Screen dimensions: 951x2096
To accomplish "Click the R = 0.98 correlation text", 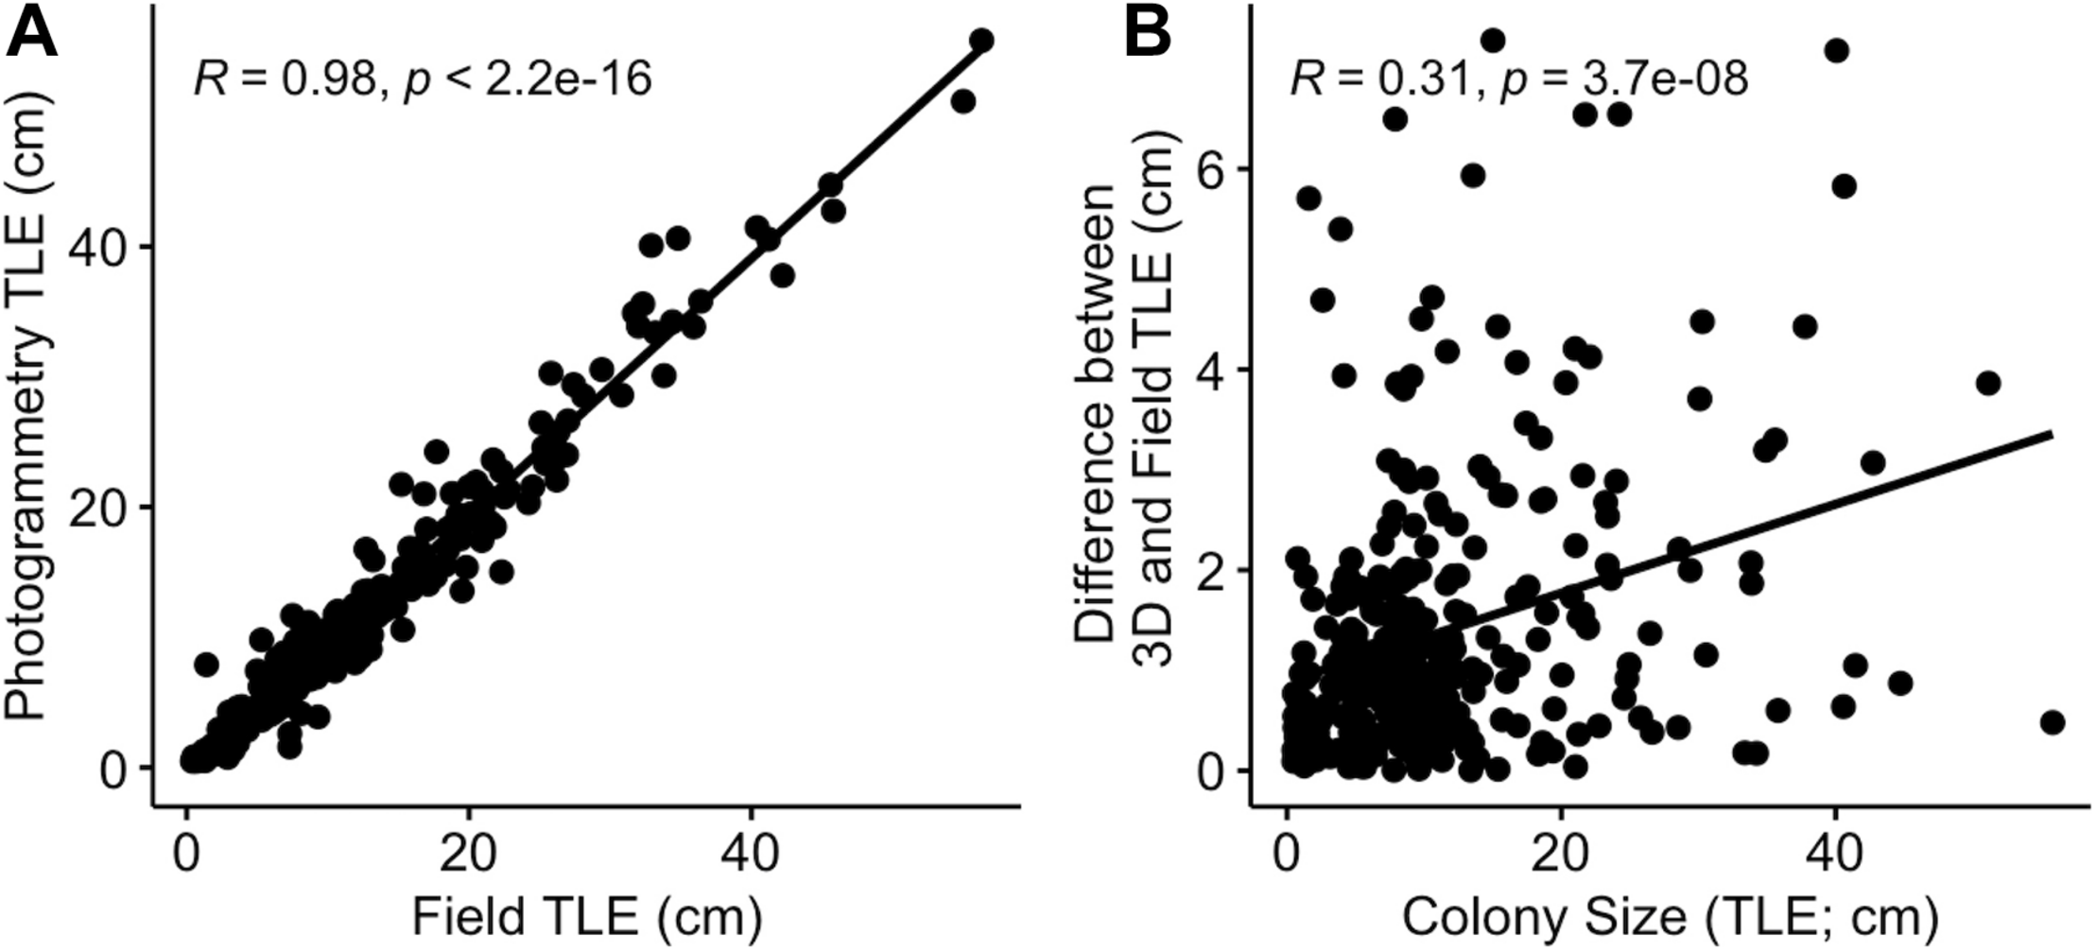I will click(x=423, y=78).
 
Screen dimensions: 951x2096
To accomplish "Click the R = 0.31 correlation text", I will click(x=1518, y=78).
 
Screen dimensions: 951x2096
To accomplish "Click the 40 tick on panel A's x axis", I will click(x=751, y=854).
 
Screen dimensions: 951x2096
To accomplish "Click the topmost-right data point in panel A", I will click(x=981, y=40).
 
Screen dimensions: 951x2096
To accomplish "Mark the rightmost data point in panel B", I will click(x=2052, y=722).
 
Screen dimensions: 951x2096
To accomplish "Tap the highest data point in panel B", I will click(x=1493, y=40).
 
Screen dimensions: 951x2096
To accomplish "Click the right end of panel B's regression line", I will click(x=2052, y=433).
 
